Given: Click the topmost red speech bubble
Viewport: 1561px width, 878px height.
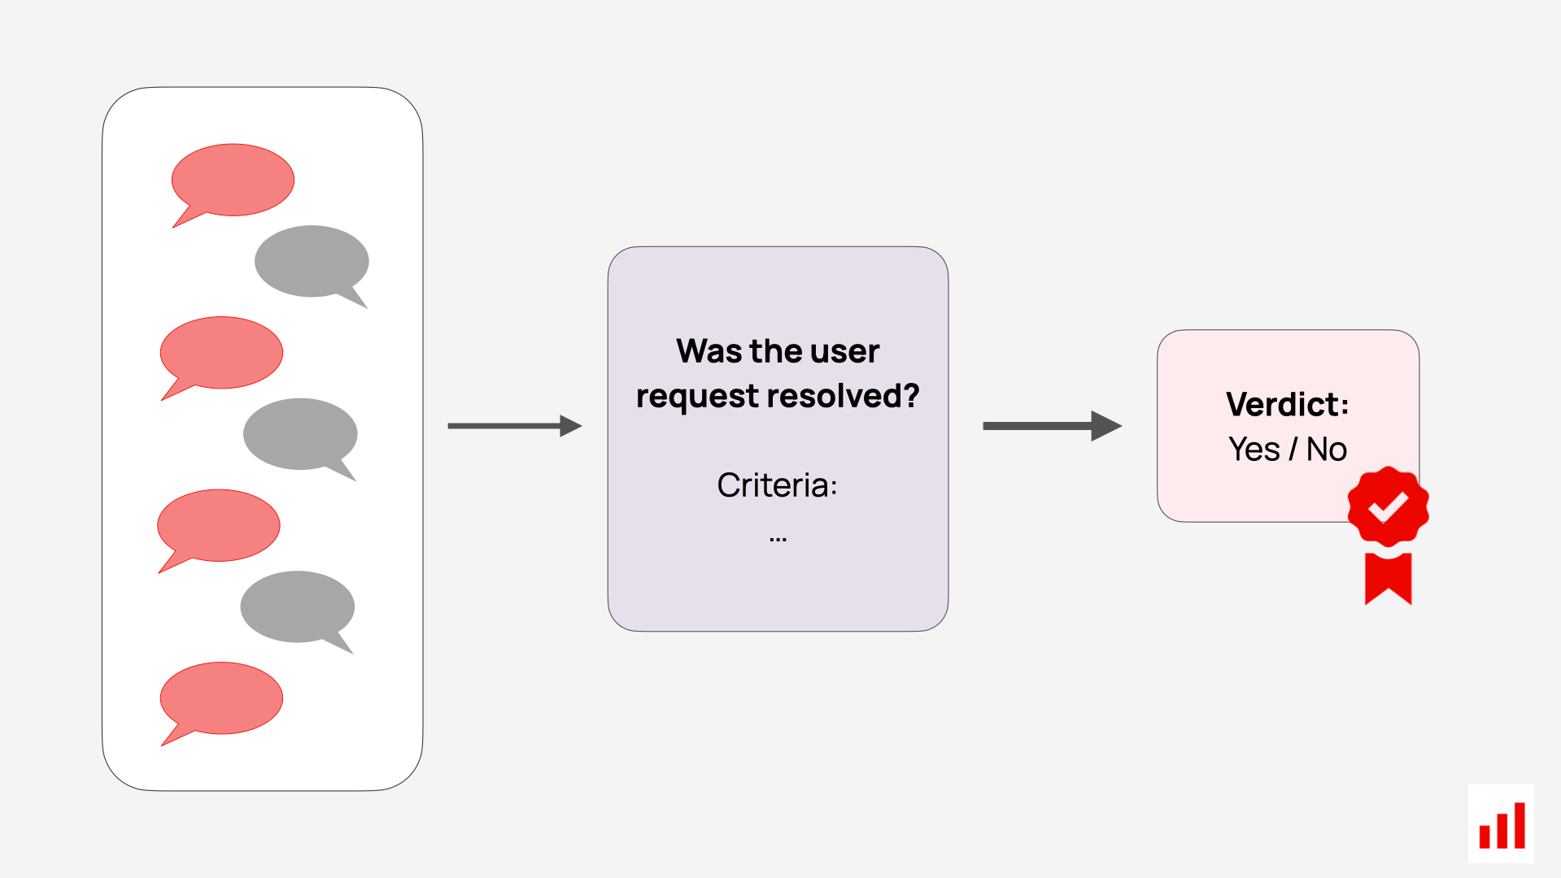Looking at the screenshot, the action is point(233,180).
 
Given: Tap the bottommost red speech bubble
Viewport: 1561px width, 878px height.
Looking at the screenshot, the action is point(221,698).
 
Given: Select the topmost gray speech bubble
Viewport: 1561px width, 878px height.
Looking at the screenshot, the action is point(312,262).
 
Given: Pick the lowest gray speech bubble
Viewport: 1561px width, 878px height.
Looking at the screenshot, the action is point(298,607).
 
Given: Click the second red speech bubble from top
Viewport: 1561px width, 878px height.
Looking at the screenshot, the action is point(221,353).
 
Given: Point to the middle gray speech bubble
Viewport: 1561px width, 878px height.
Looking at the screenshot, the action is point(300,434).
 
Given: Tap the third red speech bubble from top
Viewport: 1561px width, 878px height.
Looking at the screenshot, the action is point(218,526).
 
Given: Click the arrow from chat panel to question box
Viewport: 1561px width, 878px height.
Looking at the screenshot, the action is point(514,425).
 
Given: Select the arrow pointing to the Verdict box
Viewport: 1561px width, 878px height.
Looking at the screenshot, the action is point(1052,425).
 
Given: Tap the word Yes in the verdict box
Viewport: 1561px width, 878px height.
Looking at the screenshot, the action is point(1254,450).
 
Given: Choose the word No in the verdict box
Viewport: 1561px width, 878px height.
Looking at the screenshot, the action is point(1327,450).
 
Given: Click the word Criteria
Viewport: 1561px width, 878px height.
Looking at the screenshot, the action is point(774,485).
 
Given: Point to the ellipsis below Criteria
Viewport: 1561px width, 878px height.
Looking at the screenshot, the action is point(778,538).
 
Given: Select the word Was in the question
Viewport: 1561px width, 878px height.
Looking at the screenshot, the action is point(709,351).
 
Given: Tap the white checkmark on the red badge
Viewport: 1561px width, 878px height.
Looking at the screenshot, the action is point(1388,506).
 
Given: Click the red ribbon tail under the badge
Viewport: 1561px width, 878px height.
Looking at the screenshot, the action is point(1388,578).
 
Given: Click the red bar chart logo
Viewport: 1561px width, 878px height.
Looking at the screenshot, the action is point(1502,824).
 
